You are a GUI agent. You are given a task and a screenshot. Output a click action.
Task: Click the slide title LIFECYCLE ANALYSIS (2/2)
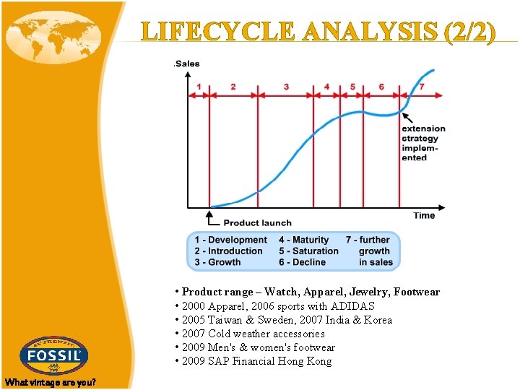[x=318, y=32]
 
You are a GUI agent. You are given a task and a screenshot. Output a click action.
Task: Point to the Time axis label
[x=424, y=215]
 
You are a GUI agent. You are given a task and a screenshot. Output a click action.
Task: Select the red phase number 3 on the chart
[x=286, y=87]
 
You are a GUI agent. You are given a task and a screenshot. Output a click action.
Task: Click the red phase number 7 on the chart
[x=422, y=87]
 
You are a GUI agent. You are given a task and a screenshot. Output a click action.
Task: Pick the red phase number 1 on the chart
[x=199, y=87]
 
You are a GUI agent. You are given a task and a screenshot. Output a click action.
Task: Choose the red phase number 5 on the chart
[x=352, y=87]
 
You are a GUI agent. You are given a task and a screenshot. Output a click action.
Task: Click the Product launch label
[x=257, y=223]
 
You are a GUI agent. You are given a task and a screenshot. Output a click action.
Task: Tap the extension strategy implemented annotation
[x=424, y=143]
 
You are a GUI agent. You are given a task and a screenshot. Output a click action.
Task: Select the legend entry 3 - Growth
[x=217, y=262]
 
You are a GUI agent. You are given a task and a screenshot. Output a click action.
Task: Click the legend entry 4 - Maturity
[x=303, y=240]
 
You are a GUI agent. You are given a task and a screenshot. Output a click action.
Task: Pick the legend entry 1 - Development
[x=230, y=240]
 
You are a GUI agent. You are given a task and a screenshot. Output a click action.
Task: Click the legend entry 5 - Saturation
[x=308, y=251]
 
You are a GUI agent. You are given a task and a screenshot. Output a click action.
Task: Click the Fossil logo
[x=55, y=355]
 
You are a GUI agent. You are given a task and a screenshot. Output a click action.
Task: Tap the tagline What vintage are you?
[x=50, y=382]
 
